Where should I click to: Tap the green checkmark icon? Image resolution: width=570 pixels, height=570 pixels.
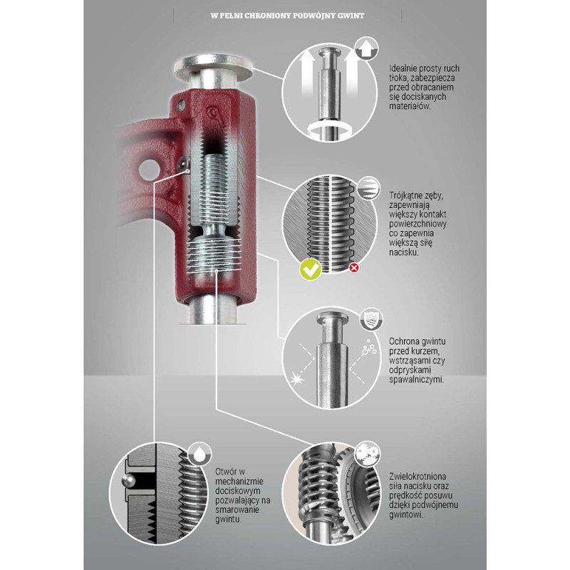point(309,269)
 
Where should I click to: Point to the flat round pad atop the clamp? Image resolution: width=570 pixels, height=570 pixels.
point(214,69)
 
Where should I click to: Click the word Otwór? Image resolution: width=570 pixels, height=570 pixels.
point(228,472)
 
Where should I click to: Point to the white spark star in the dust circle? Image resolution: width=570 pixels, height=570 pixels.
point(296,373)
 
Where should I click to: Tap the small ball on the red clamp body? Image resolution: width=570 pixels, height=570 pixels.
point(184,165)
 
